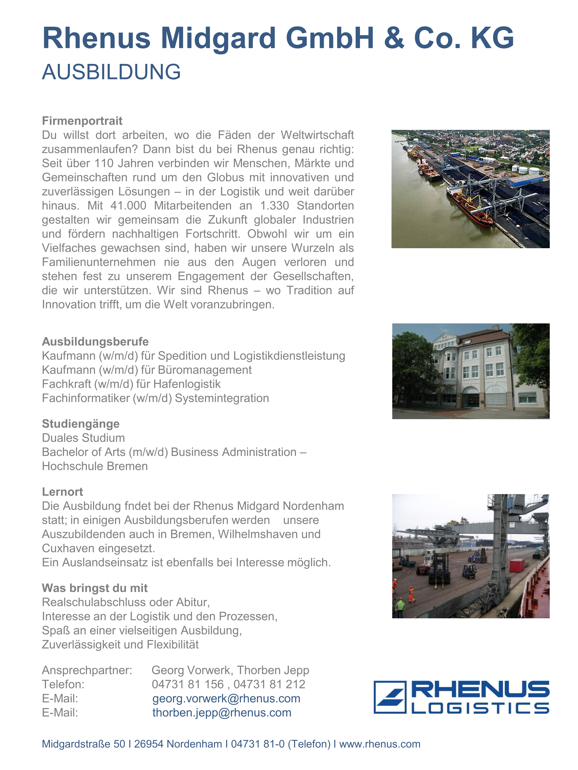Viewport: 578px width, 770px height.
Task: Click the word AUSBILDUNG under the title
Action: (x=111, y=72)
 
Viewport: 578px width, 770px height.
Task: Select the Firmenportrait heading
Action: (x=82, y=121)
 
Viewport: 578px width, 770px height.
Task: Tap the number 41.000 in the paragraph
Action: (x=128, y=206)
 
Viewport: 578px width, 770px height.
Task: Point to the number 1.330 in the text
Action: (x=275, y=206)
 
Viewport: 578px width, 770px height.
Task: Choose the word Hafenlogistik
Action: (x=187, y=384)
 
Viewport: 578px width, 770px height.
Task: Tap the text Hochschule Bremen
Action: (x=95, y=466)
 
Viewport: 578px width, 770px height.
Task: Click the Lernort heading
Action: (x=62, y=492)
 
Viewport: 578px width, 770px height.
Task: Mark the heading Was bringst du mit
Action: (x=95, y=588)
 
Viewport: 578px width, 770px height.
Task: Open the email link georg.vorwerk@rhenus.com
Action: (x=226, y=698)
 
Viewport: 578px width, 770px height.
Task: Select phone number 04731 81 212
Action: (x=269, y=684)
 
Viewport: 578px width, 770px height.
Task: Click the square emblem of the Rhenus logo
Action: (x=390, y=697)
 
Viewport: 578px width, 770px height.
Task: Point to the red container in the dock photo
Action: (x=517, y=565)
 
